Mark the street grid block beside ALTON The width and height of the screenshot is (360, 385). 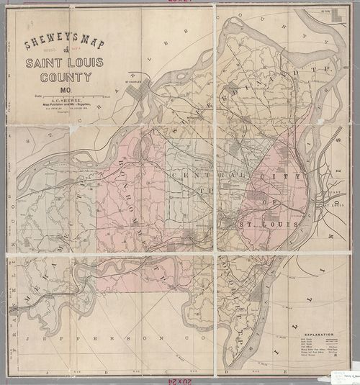click(335, 17)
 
